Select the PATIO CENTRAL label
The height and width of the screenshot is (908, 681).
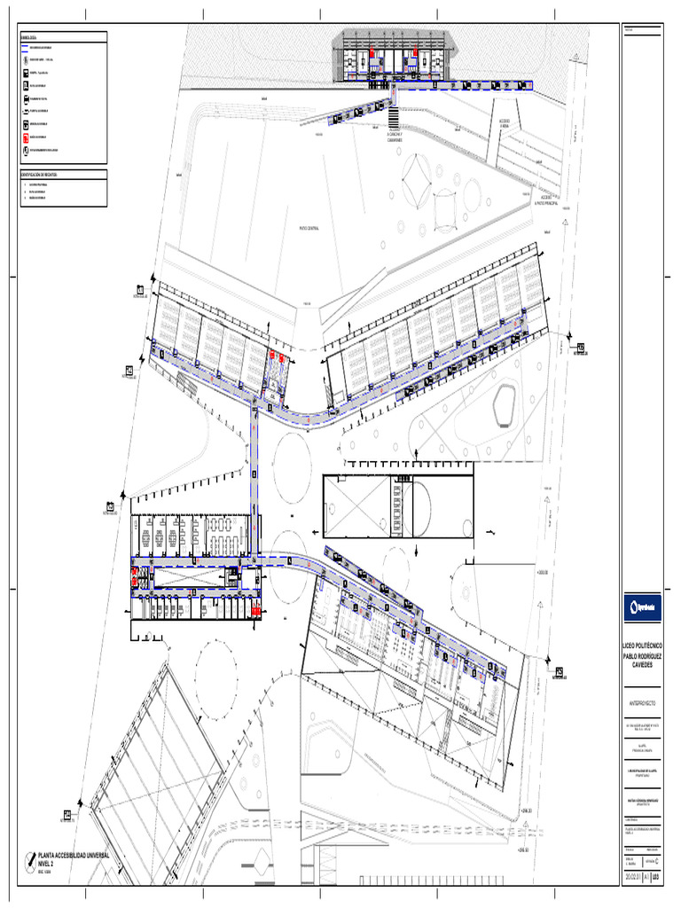308,228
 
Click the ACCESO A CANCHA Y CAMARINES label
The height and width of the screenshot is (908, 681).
394,135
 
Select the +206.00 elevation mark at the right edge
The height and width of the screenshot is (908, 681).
543,572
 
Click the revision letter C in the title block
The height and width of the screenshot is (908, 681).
656,860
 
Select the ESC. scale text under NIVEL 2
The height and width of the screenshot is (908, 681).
39,872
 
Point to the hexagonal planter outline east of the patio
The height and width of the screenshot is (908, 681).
503,403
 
